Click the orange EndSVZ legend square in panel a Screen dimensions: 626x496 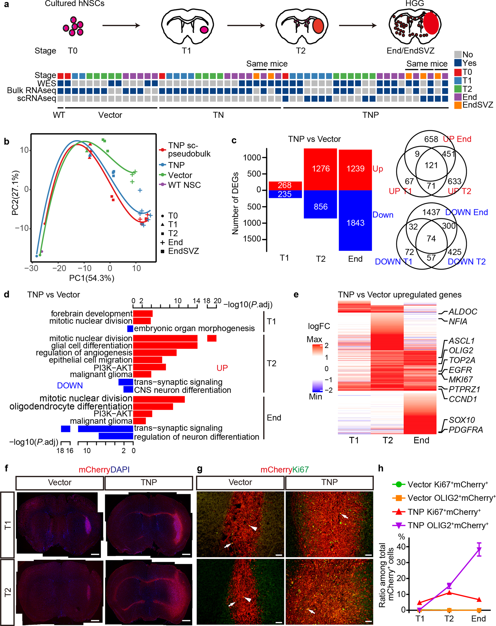pyautogui.click(x=458, y=105)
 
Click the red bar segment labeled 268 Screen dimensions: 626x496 pyautogui.click(x=285, y=185)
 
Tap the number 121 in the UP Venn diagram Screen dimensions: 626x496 pyautogui.click(x=431, y=165)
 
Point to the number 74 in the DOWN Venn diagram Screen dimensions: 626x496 pyautogui.click(x=431, y=238)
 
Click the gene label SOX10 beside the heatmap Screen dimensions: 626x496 pyautogui.click(x=462, y=420)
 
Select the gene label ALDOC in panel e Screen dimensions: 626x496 pyautogui.click(x=463, y=312)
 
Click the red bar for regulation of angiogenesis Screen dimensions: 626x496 pyautogui.click(x=155, y=353)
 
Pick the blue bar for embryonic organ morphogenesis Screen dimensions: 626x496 pyautogui.click(x=130, y=328)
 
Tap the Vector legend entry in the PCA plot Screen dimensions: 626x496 pyautogui.click(x=180, y=175)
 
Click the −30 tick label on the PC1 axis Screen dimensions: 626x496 pyautogui.click(x=31, y=268)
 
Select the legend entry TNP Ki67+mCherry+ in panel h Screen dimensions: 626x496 pyautogui.click(x=444, y=512)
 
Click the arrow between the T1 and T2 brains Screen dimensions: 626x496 pyautogui.click(x=246, y=26)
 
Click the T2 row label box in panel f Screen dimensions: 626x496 pyautogui.click(x=7, y=592)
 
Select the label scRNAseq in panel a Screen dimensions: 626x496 pyautogui.click(x=36, y=98)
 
